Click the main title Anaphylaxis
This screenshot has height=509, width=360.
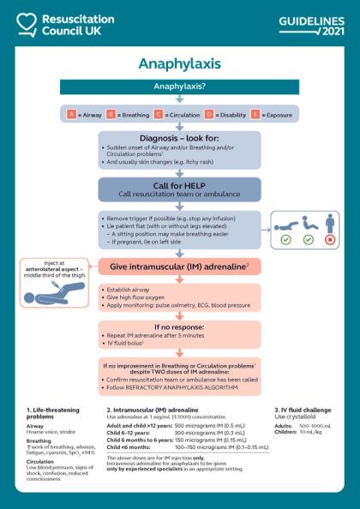coord(180,64)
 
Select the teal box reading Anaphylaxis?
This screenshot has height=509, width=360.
coord(179,87)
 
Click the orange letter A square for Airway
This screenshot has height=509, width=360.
coord(71,113)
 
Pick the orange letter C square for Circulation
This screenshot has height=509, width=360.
coord(159,113)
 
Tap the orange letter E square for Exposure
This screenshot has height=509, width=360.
coord(255,113)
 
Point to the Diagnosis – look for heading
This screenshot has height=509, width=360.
coord(179,138)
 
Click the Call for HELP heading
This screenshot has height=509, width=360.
coord(179,183)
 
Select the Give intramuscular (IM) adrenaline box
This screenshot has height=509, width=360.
coord(179,267)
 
